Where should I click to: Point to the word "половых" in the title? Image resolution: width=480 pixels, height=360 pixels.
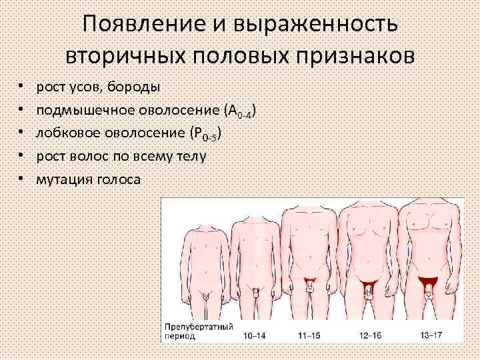click(x=237, y=55)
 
